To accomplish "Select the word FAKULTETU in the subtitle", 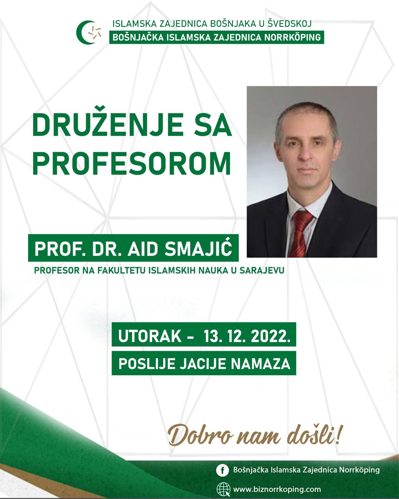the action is tap(122, 270).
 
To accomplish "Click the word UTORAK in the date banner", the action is tap(150, 336).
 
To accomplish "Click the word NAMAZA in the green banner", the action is tap(260, 364).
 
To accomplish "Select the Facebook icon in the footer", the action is tap(222, 470).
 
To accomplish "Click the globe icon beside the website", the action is tap(223, 489).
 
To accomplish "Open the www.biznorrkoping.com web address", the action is tap(277, 489).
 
